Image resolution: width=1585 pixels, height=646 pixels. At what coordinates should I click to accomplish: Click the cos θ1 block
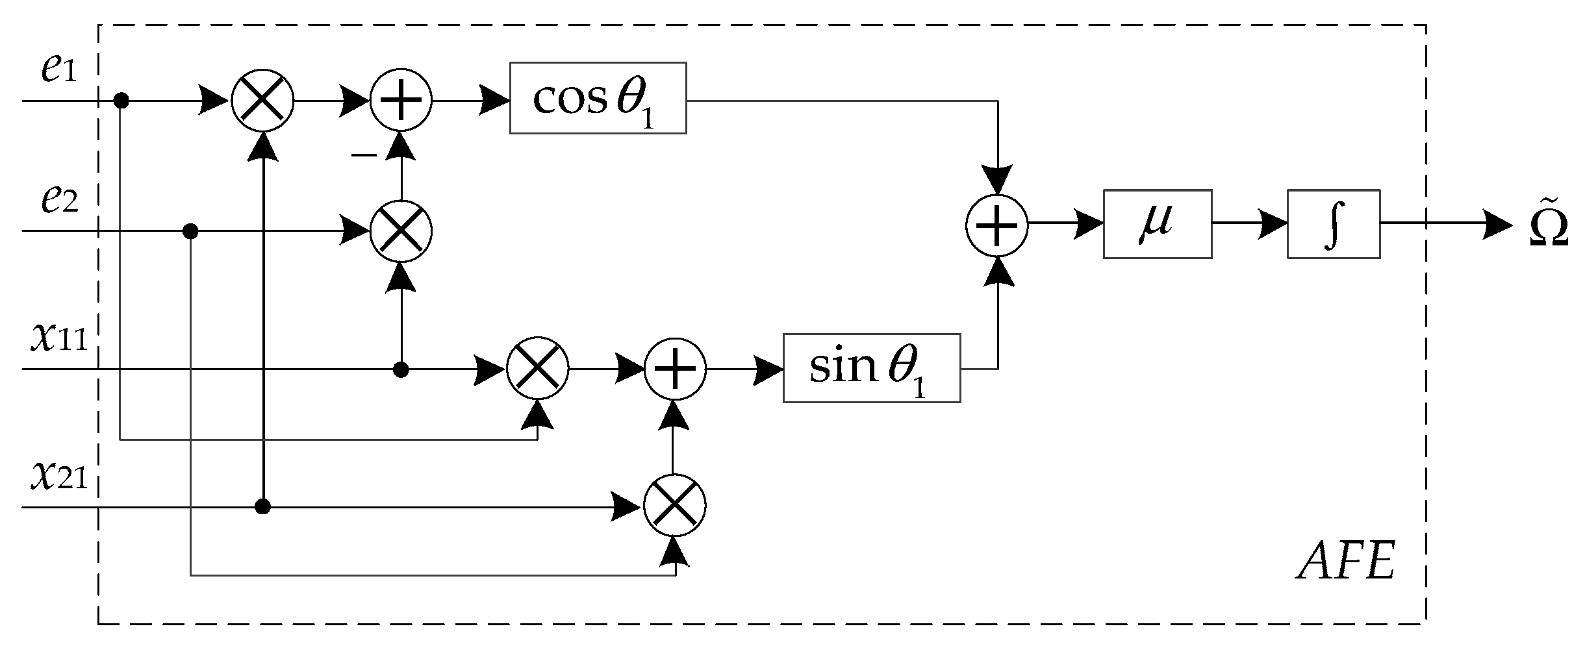tap(598, 98)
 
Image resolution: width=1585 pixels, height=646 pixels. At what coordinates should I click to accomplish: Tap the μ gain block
tap(1157, 224)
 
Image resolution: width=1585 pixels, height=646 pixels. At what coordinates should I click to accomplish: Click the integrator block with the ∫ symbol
tap(1333, 224)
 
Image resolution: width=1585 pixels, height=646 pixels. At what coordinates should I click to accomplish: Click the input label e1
tap(58, 69)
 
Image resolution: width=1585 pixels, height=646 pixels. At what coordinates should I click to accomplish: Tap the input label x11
tap(58, 338)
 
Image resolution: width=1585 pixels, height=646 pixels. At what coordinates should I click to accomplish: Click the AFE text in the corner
tap(1346, 562)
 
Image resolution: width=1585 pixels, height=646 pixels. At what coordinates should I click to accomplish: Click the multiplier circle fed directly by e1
tap(262, 101)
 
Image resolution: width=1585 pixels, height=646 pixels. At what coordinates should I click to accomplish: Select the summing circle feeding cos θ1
tap(401, 101)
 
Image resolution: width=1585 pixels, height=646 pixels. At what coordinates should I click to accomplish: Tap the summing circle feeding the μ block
tap(996, 225)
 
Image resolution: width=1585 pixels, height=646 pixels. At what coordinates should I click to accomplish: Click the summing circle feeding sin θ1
tap(675, 369)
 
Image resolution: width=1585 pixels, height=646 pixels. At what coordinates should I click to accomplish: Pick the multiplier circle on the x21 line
tap(675, 506)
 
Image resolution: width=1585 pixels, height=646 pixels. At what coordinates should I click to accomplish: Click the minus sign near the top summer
tap(364, 155)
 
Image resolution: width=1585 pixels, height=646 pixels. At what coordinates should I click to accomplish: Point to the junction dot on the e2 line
tap(190, 230)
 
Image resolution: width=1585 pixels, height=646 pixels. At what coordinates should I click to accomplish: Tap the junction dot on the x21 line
tap(262, 506)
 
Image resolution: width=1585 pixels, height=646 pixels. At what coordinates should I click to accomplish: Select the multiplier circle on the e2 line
tap(401, 230)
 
